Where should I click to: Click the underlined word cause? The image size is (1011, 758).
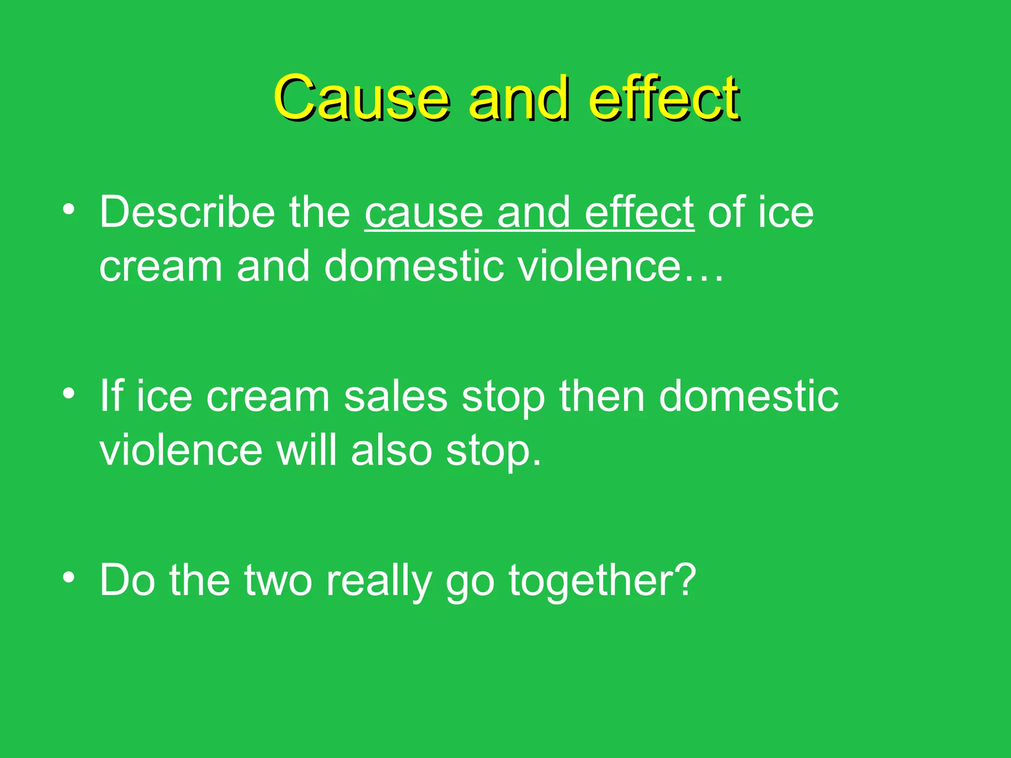click(x=424, y=213)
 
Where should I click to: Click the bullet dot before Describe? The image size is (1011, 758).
click(x=69, y=209)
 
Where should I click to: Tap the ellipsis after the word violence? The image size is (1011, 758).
click(x=704, y=269)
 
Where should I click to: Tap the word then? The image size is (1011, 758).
click(x=602, y=397)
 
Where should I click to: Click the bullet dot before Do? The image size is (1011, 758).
click(x=69, y=577)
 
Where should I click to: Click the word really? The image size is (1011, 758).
click(x=379, y=581)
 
